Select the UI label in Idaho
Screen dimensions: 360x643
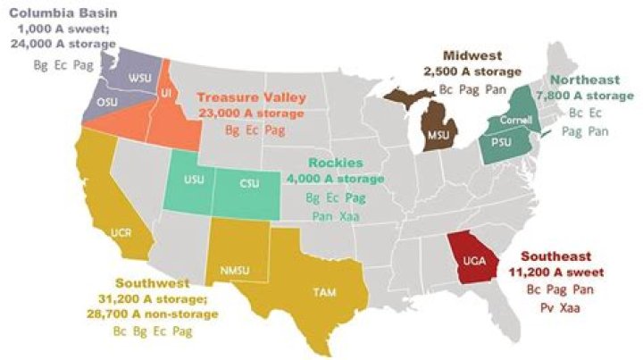(166, 92)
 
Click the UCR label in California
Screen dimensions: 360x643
(121, 232)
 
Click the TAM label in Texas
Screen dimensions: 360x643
(323, 291)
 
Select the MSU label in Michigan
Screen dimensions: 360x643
(439, 135)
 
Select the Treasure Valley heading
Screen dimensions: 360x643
(251, 97)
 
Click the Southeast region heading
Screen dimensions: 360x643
(553, 255)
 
